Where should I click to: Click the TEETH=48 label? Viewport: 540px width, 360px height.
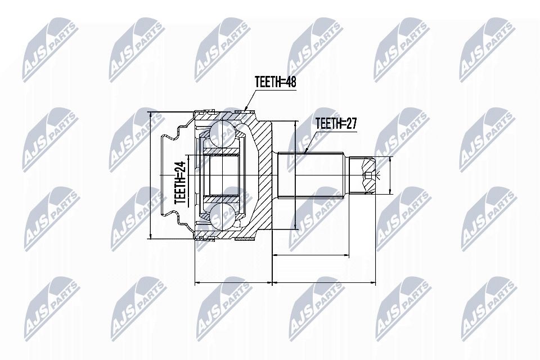(275, 82)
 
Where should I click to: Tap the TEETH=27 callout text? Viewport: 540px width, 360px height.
(336, 123)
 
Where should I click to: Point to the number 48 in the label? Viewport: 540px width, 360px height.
(290, 82)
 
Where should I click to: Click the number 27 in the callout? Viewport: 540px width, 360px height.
(350, 123)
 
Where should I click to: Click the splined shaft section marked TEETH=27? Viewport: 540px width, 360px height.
(311, 175)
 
